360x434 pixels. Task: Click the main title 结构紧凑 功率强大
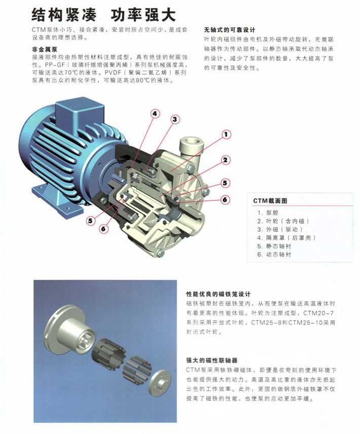click(103, 14)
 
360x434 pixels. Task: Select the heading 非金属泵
click(45, 50)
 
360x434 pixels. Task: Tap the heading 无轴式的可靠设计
click(230, 30)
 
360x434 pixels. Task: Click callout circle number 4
click(155, 114)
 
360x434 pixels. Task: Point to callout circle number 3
click(175, 119)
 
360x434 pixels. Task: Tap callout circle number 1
click(226, 135)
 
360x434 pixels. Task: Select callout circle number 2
click(225, 160)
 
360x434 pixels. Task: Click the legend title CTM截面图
click(270, 201)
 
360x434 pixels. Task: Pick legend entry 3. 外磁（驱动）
click(280, 229)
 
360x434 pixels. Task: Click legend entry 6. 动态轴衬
click(274, 254)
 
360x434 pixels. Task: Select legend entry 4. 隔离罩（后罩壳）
click(286, 238)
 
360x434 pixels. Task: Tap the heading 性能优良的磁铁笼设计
click(218, 294)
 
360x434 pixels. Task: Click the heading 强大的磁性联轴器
click(212, 360)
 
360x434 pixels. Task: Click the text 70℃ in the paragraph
click(72, 73)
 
